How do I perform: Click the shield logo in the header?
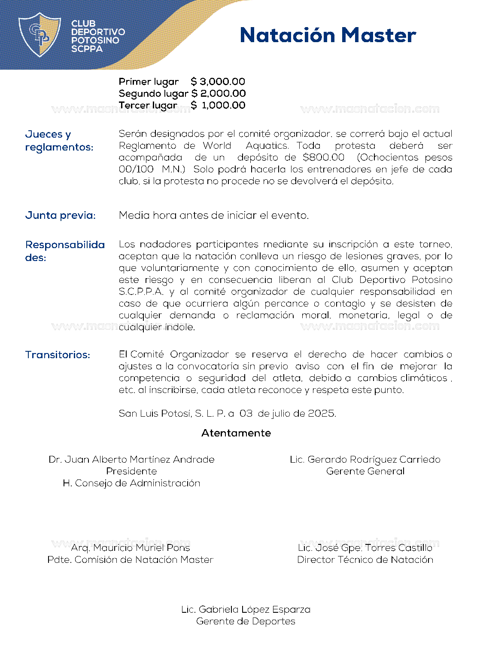click(39, 34)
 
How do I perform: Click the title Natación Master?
click(328, 35)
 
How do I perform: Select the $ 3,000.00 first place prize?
click(218, 81)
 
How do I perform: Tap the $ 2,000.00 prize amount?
click(219, 93)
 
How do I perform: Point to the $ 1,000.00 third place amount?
click(218, 105)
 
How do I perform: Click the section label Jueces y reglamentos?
click(59, 141)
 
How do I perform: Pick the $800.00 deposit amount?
click(323, 157)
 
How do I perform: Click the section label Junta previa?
click(61, 215)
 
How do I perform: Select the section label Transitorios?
click(58, 355)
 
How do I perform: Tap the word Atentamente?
click(236, 433)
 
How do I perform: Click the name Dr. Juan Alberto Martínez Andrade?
click(131, 459)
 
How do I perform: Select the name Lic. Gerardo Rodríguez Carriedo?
click(365, 459)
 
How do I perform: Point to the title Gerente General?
click(365, 471)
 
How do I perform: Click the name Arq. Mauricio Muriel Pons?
click(131, 547)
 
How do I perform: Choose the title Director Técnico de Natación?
click(365, 559)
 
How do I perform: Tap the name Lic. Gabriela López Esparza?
click(246, 609)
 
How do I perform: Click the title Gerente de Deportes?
click(246, 621)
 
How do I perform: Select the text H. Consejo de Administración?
click(131, 483)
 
